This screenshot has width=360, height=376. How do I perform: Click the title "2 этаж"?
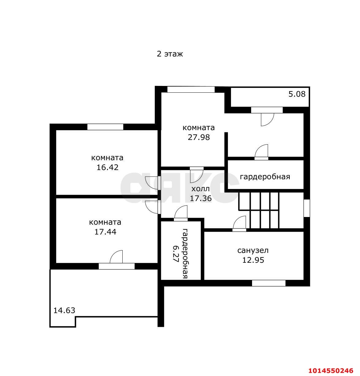(170, 54)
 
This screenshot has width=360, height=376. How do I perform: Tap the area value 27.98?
(199, 137)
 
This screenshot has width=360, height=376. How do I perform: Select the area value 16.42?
(107, 167)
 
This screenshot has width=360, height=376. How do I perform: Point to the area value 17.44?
(105, 232)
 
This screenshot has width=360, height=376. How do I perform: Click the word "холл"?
(200, 189)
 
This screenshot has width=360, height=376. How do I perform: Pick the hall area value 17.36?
(201, 198)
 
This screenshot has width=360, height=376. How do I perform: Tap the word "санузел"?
(253, 250)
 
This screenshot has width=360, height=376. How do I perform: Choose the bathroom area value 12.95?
(253, 260)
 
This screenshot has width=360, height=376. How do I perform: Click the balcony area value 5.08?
(297, 94)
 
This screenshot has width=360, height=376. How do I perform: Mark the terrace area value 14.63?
(64, 310)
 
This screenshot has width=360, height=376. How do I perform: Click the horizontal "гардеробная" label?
(265, 176)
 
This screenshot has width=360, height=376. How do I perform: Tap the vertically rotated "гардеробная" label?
(185, 254)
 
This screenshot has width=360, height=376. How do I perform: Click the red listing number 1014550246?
(331, 370)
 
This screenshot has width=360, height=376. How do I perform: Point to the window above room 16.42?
(105, 127)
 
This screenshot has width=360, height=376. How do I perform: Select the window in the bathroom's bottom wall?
(269, 283)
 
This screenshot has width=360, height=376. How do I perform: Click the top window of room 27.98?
(191, 89)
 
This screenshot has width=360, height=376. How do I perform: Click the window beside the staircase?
(307, 208)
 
